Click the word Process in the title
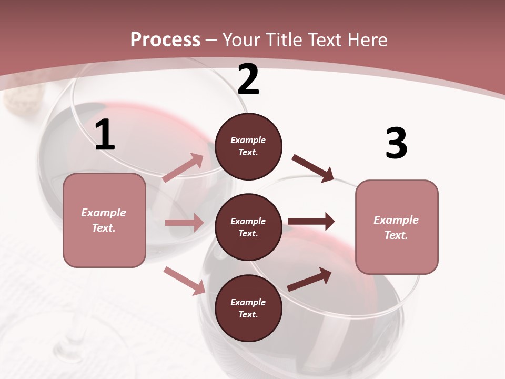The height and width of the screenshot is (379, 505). [x=165, y=40]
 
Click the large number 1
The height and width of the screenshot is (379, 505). [x=105, y=135]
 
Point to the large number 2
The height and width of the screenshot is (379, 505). [x=248, y=79]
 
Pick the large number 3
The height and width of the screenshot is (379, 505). [x=397, y=143]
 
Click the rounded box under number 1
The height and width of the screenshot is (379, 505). [x=104, y=220]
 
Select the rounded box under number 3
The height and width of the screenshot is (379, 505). [x=397, y=227]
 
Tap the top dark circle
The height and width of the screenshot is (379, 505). [x=248, y=146]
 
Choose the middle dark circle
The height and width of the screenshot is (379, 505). [x=248, y=227]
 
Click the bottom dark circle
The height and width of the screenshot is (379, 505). [x=248, y=308]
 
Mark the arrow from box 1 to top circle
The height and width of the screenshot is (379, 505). [x=183, y=168]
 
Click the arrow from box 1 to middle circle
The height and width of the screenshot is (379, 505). [x=184, y=223]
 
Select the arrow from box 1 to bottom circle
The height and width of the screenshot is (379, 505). [x=184, y=281]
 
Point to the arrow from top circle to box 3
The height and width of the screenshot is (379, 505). [x=313, y=168]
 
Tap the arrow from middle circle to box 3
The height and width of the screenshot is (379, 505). [x=311, y=221]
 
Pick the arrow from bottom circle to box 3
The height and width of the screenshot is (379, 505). [x=309, y=279]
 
